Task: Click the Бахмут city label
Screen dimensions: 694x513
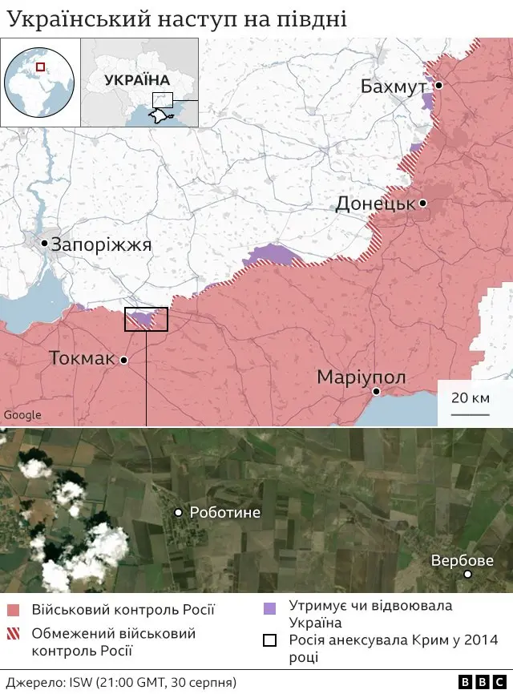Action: (x=393, y=87)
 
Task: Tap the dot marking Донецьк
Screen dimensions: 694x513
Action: (x=422, y=204)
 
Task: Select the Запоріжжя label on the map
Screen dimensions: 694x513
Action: (x=101, y=245)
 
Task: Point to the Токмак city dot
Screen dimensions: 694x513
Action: (x=124, y=361)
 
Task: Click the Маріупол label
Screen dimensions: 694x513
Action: (x=362, y=377)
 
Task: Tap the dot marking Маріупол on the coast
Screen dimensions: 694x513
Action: (x=375, y=391)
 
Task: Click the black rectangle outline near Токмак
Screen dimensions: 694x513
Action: (x=146, y=319)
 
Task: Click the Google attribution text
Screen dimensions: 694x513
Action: (x=22, y=415)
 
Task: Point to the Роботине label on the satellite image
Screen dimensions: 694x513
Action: (x=224, y=512)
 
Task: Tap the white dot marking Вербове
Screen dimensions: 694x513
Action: (x=468, y=575)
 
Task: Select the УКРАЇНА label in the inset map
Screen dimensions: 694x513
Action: (x=136, y=80)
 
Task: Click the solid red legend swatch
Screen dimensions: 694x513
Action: (x=13, y=610)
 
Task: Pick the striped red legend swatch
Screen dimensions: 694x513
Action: (x=13, y=634)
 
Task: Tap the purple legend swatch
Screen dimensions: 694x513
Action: (x=270, y=607)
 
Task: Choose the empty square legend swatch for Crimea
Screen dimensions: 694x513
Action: (x=270, y=640)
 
